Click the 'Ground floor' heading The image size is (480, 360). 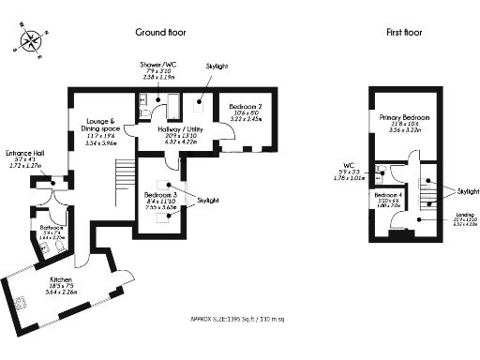[x=161, y=32]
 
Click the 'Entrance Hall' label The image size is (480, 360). [x=22, y=155]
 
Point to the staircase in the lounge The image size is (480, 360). [x=123, y=174]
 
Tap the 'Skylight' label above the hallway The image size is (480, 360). [x=216, y=67]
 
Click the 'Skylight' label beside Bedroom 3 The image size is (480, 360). [x=210, y=200]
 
